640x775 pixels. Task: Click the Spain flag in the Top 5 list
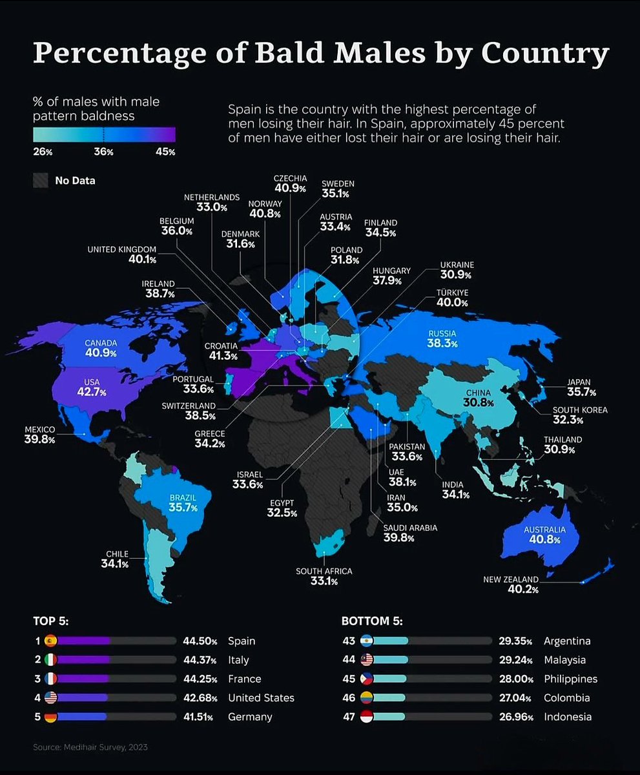click(x=50, y=641)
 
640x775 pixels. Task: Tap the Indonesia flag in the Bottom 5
click(x=366, y=716)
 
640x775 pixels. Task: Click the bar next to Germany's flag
click(x=117, y=716)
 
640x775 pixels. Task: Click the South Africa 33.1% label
click(x=324, y=576)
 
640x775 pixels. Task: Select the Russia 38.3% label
click(x=442, y=339)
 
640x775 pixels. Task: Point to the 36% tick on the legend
click(x=104, y=152)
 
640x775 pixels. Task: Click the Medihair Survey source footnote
click(x=90, y=747)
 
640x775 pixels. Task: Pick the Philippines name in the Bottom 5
click(x=570, y=679)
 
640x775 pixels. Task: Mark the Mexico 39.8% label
click(x=39, y=435)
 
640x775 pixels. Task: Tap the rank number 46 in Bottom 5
click(x=348, y=697)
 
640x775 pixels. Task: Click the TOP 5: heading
click(x=50, y=621)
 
